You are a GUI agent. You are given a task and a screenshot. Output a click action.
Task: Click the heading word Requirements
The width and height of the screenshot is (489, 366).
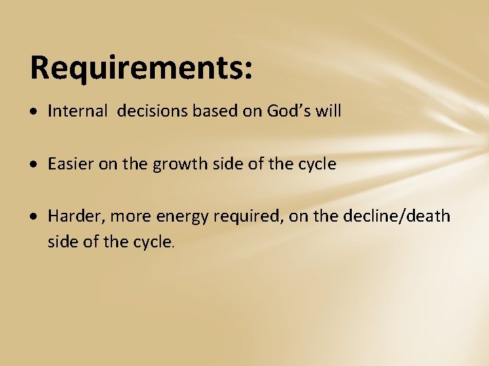[136, 68]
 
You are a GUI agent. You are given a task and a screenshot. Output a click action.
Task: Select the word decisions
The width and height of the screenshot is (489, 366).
[149, 111]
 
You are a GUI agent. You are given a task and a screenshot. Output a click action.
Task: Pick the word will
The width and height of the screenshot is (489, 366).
[328, 111]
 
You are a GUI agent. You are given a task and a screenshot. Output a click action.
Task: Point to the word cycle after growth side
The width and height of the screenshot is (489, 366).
[314, 164]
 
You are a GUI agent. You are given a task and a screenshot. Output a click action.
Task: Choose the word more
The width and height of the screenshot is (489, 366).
[131, 216]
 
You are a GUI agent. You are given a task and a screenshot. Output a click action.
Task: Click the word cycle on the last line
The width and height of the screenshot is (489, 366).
[150, 241]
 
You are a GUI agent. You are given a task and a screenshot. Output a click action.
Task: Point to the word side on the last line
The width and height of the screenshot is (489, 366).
[62, 241]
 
